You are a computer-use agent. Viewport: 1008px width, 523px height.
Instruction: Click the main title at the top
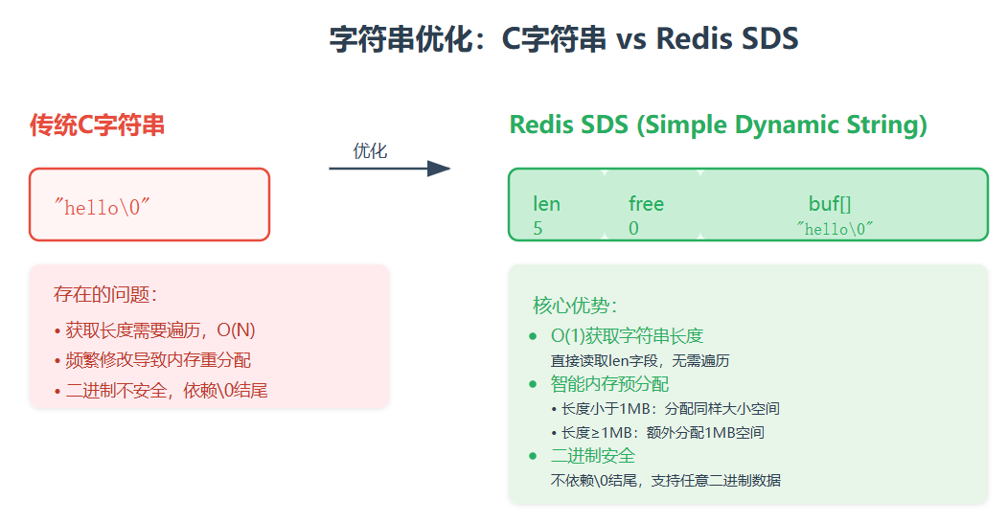(563, 39)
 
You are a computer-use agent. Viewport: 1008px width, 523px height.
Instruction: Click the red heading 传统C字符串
(97, 125)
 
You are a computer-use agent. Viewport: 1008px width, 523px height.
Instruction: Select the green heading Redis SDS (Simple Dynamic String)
(718, 125)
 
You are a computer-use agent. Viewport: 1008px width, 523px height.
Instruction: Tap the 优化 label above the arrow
(370, 150)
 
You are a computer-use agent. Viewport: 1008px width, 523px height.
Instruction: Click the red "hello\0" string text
(103, 207)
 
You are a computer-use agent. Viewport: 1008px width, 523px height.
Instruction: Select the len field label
(546, 204)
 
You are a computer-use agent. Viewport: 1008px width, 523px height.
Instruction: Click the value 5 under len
(538, 229)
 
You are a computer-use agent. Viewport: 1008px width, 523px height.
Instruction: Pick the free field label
(646, 204)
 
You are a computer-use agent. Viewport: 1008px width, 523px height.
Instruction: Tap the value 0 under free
(633, 229)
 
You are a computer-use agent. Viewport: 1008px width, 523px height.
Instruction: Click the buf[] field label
(830, 204)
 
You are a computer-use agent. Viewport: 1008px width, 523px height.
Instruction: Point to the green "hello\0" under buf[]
(836, 229)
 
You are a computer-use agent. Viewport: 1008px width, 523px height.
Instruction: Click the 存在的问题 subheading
(105, 294)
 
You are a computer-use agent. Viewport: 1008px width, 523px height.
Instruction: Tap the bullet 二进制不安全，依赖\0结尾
(169, 391)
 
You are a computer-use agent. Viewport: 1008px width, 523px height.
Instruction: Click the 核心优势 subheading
(576, 306)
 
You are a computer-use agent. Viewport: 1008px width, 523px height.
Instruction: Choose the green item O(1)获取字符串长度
(627, 336)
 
